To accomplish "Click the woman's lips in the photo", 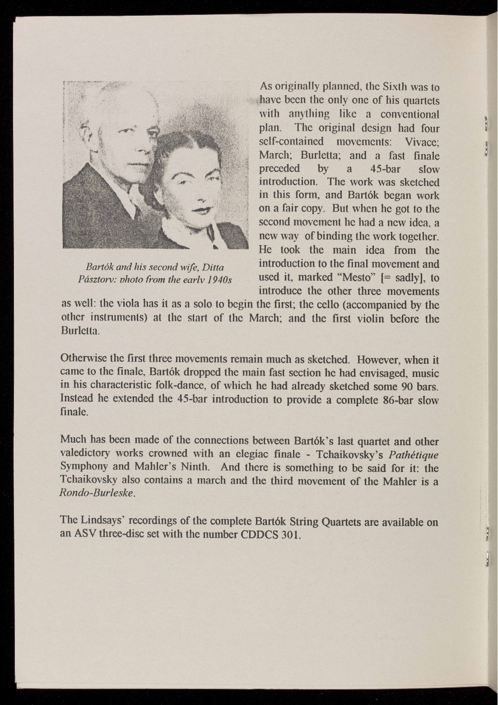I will point(201,210).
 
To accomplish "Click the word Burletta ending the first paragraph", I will point(78,331).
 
